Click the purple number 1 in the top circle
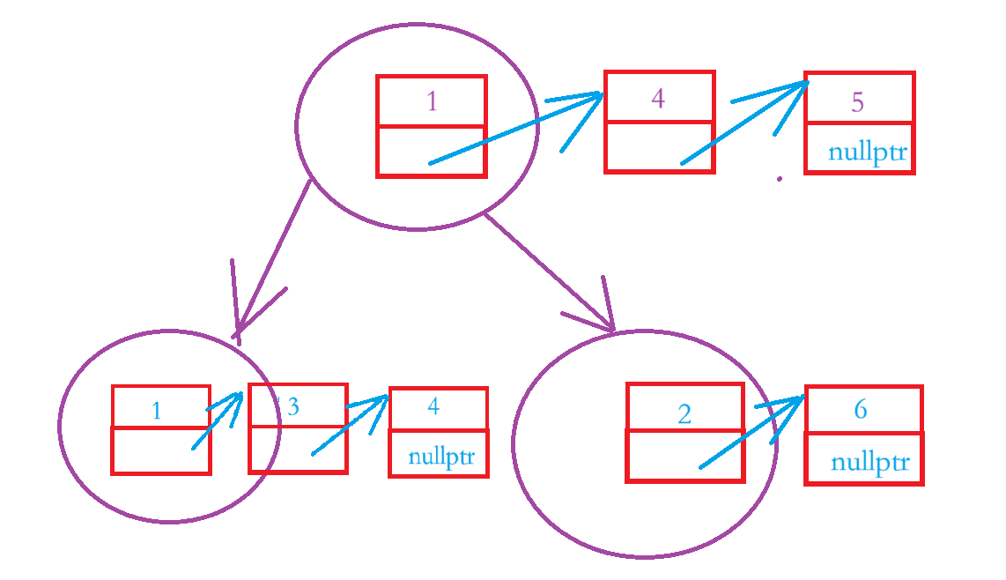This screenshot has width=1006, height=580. click(x=432, y=102)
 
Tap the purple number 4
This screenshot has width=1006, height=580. click(x=658, y=98)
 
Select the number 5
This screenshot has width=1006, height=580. click(x=857, y=102)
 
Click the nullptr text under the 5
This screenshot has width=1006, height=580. click(x=867, y=153)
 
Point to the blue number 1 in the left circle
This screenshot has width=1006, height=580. click(x=156, y=411)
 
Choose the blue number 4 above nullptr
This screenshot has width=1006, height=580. click(x=433, y=406)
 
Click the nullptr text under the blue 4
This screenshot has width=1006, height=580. click(x=441, y=458)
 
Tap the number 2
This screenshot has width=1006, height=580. click(x=684, y=414)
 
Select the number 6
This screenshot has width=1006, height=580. click(x=861, y=410)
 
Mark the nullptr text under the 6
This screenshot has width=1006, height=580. click(x=869, y=463)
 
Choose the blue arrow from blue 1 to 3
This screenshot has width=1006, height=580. click(x=218, y=422)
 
